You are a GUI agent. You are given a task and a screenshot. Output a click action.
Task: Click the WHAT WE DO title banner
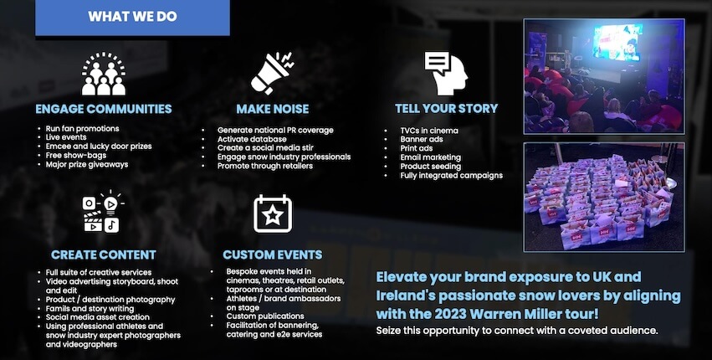tap(132, 17)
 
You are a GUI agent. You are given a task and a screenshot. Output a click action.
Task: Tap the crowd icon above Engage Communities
tap(104, 75)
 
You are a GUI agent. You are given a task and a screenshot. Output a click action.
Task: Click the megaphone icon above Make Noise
tap(272, 73)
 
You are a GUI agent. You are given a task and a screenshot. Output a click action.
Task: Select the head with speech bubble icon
tap(446, 73)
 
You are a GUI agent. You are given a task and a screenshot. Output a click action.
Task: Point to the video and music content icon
tap(103, 212)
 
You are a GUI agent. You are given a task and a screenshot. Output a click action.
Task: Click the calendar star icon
tap(273, 213)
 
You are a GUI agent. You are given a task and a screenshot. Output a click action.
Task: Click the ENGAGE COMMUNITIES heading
tap(104, 109)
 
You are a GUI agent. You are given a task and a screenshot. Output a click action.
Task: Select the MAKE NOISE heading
tap(273, 109)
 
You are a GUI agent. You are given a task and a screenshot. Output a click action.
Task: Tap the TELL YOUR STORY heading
tap(447, 109)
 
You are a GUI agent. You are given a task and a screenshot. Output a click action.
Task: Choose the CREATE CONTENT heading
tap(104, 255)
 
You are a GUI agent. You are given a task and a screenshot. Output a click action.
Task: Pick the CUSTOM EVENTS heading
tap(273, 255)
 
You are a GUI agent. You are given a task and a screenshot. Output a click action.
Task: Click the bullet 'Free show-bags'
tap(76, 156)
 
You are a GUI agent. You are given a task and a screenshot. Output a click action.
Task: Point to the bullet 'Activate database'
tap(252, 139)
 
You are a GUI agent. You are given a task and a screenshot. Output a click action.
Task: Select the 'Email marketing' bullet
tap(431, 157)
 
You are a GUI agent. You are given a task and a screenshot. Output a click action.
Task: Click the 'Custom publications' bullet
tap(265, 316)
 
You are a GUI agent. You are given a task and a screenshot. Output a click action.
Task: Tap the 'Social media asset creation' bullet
tap(98, 317)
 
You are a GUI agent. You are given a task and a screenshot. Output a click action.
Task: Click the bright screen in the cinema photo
tap(617, 42)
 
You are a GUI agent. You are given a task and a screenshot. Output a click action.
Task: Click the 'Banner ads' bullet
tap(422, 140)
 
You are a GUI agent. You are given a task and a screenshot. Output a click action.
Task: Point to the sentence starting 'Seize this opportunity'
tap(517, 331)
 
